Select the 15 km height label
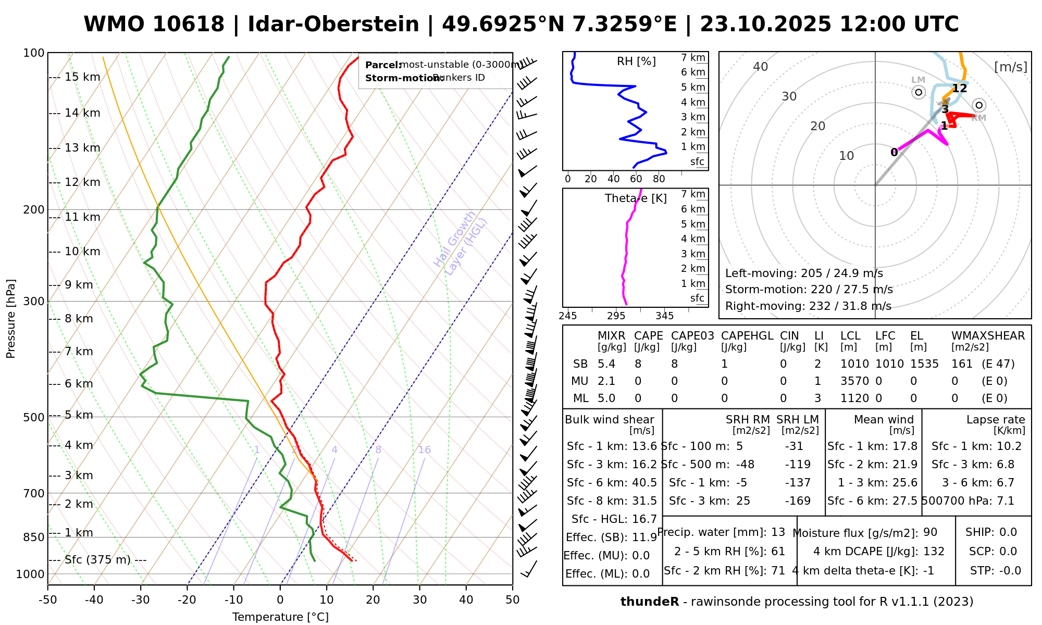(x=82, y=78)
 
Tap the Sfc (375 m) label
(x=97, y=560)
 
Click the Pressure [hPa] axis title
(x=11, y=319)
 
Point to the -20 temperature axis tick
(x=187, y=600)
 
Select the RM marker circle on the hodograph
(x=979, y=105)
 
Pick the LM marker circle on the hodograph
(x=919, y=92)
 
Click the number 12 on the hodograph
(x=959, y=89)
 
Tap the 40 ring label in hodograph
(x=761, y=67)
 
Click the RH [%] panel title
(x=636, y=61)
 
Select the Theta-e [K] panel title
(x=636, y=198)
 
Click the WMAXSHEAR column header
(x=988, y=336)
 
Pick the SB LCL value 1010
(x=854, y=364)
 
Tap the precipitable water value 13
(x=778, y=532)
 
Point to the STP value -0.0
(x=1010, y=571)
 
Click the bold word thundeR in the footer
(x=650, y=602)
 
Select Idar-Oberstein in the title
(x=333, y=24)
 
